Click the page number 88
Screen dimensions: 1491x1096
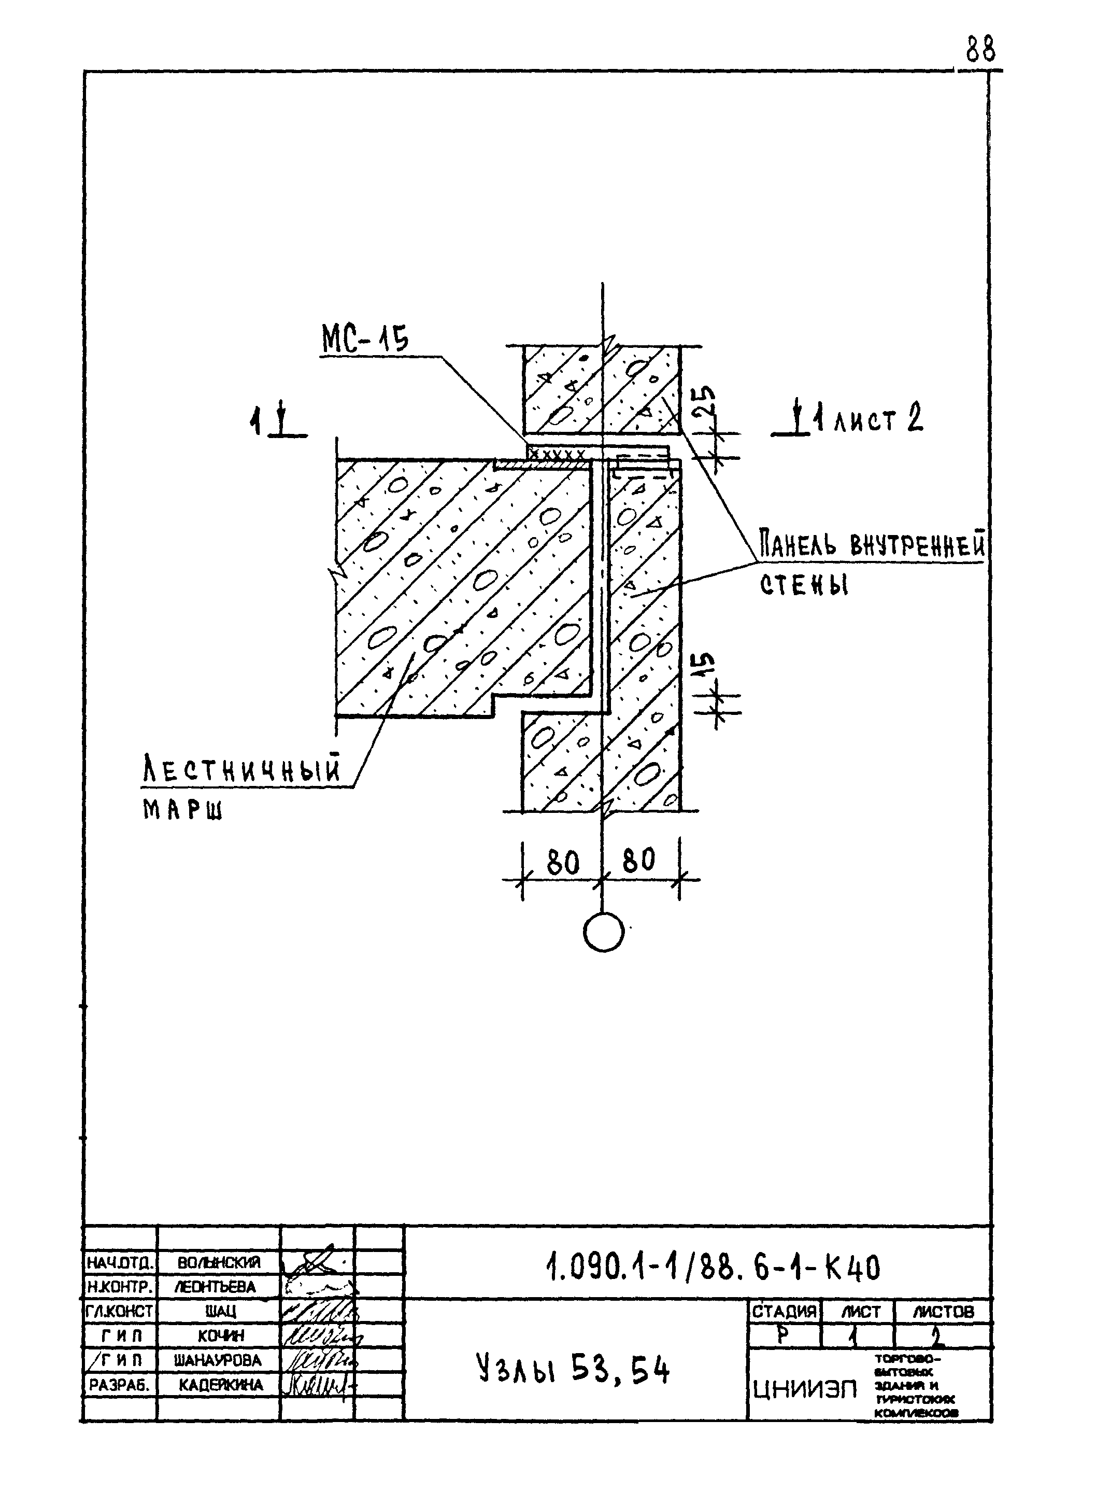(980, 50)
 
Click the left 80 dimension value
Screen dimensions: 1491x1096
(563, 863)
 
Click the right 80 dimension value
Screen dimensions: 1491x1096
(638, 861)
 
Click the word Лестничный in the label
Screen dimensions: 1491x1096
(241, 771)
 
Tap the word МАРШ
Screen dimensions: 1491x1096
(182, 810)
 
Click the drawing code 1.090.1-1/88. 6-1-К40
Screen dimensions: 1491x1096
(713, 1269)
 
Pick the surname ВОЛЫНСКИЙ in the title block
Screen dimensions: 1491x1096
(219, 1262)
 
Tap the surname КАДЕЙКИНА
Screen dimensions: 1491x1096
(220, 1385)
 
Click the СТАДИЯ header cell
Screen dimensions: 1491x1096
(784, 1312)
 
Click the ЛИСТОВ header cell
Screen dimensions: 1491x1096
(943, 1312)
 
